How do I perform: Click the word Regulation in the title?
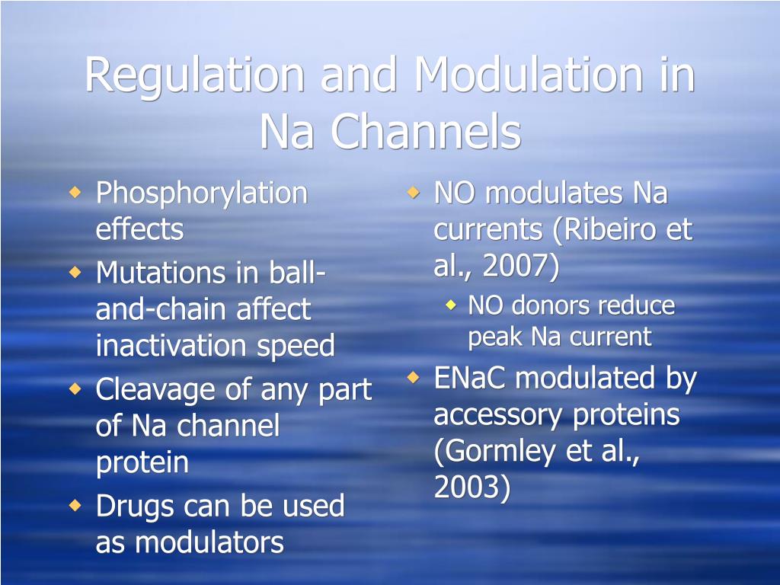coord(194,75)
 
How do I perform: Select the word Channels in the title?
coord(426,131)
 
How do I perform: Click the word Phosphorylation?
coord(201,194)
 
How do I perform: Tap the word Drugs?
coord(134,507)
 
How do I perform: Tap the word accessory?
coord(498,416)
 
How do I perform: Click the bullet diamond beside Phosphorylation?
coord(75,192)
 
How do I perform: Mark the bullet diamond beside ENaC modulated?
coord(414,377)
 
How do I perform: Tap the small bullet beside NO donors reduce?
coord(451,305)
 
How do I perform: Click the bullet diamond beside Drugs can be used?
coord(75,506)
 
